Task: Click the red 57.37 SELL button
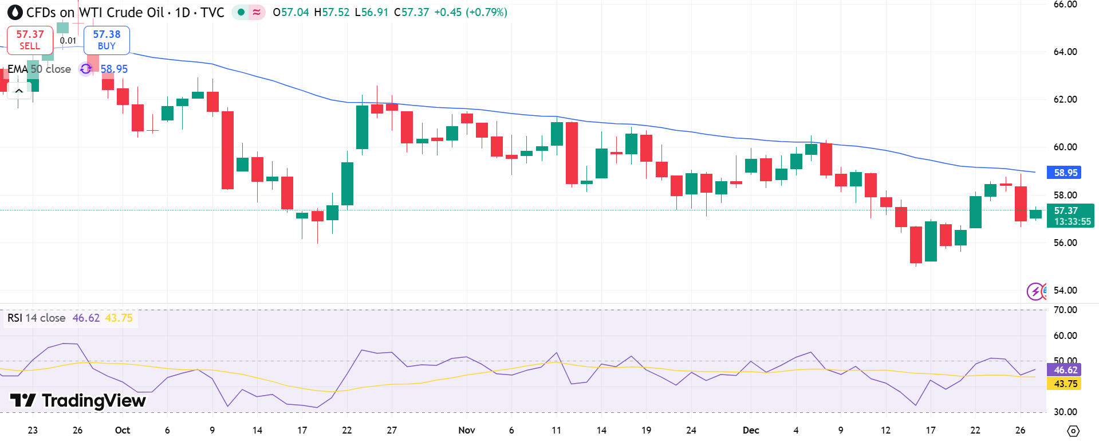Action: [30, 40]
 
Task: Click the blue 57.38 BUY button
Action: [107, 40]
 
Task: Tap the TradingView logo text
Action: [78, 400]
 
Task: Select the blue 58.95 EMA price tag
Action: [1063, 173]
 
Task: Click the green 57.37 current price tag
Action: [1069, 216]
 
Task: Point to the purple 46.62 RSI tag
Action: [1063, 370]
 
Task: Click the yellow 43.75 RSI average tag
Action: [1063, 384]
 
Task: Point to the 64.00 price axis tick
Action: [1065, 52]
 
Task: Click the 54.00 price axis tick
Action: [1065, 290]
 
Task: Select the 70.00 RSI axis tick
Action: [1065, 310]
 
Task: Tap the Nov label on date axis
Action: [467, 430]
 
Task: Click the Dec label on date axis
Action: [750, 430]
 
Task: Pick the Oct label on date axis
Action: [122, 430]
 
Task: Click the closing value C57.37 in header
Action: [411, 12]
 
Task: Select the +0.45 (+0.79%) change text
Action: [470, 12]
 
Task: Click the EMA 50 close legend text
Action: [39, 69]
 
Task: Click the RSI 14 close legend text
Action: [36, 318]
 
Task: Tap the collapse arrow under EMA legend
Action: [19, 91]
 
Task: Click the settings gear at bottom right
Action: [1073, 431]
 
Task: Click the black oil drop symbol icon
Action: [15, 12]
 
